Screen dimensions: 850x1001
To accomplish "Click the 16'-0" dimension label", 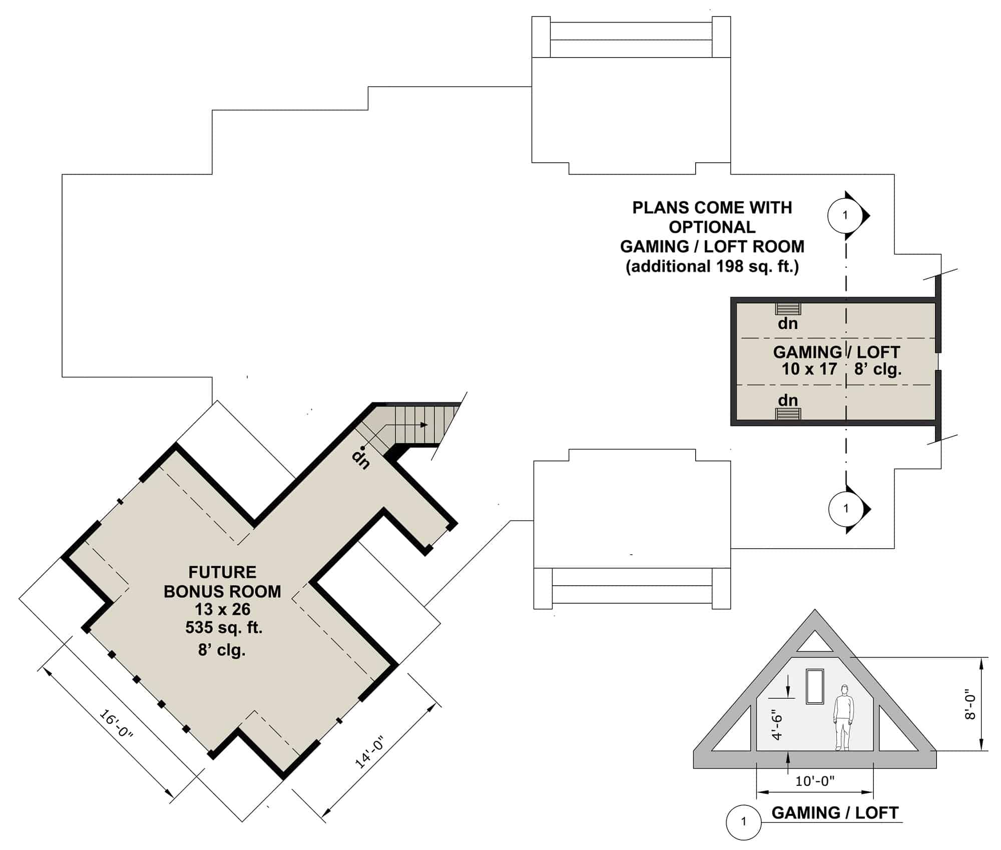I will (x=117, y=724).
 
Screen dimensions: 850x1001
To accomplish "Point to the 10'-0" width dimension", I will (x=815, y=780).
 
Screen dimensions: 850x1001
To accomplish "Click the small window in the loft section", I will (x=815, y=686).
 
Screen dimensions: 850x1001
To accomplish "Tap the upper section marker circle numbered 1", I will (x=845, y=215).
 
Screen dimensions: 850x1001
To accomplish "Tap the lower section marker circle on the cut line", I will (x=846, y=509).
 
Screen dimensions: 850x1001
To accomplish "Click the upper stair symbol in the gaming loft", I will (x=788, y=309).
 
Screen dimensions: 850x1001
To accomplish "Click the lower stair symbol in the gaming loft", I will (x=788, y=413).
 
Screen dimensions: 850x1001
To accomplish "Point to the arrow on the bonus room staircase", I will (x=423, y=425).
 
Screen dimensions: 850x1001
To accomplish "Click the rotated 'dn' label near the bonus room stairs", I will (x=361, y=459).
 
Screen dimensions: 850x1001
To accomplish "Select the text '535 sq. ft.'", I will (x=224, y=627).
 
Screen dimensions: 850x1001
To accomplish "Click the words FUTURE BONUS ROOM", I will (x=222, y=582).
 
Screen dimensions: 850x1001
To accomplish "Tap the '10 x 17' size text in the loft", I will (x=809, y=369).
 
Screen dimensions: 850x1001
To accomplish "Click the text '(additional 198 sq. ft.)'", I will (x=712, y=266).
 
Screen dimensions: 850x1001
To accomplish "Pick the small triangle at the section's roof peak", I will (x=815, y=642).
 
